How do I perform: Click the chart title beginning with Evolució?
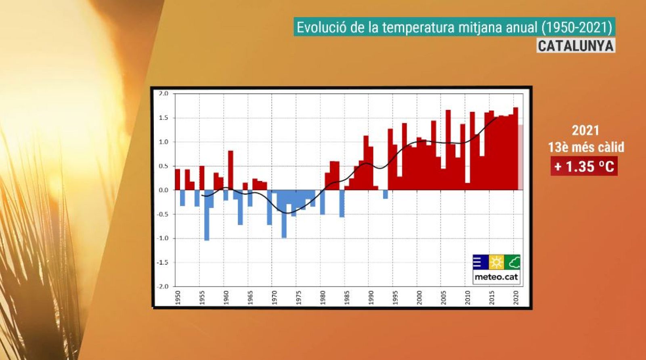[x=454, y=27]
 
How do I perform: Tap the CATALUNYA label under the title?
[x=575, y=46]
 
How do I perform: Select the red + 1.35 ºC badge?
[x=584, y=166]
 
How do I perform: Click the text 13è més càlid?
[x=586, y=147]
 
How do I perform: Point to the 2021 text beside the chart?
[x=585, y=131]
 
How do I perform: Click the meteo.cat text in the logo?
[x=496, y=277]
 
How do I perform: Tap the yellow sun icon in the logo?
[x=496, y=262]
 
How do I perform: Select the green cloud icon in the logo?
[x=513, y=262]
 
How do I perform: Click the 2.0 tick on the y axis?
[x=163, y=93]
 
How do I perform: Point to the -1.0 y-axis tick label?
[x=162, y=238]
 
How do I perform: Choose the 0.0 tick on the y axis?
[x=163, y=190]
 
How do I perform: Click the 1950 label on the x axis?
[x=178, y=297]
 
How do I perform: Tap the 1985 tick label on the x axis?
[x=347, y=297]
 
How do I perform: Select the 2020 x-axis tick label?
[x=516, y=297]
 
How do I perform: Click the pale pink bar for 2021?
[x=520, y=158]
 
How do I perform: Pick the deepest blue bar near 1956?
[x=207, y=216]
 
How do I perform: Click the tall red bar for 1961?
[x=231, y=170]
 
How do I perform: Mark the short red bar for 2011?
[x=468, y=186]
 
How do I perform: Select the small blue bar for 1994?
[x=386, y=194]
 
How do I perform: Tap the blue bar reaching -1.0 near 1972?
[x=284, y=214]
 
